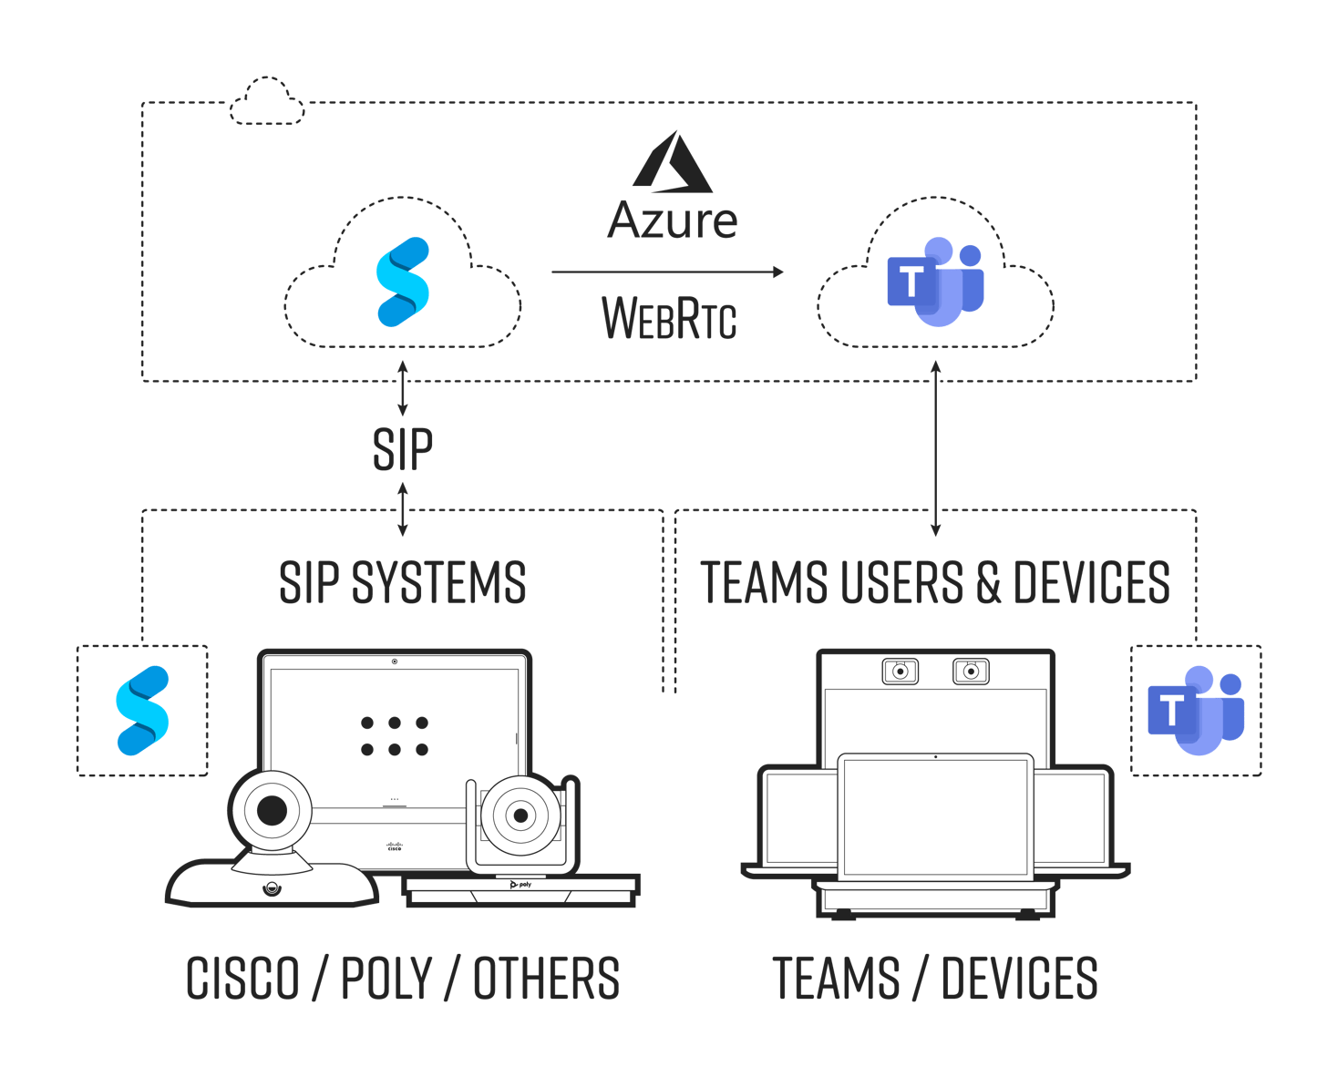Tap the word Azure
tap(673, 221)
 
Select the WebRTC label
tap(669, 318)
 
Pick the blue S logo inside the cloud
tap(403, 282)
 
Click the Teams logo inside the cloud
tap(935, 282)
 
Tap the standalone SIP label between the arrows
tap(403, 448)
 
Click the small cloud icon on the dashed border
tap(266, 102)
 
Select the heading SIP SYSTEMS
tap(403, 583)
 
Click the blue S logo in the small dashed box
tap(142, 711)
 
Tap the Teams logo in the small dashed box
tap(1196, 711)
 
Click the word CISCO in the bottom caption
tap(242, 979)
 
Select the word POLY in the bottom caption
tap(386, 979)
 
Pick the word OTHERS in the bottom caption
tap(546, 979)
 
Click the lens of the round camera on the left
tap(272, 810)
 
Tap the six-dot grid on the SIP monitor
tap(394, 736)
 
